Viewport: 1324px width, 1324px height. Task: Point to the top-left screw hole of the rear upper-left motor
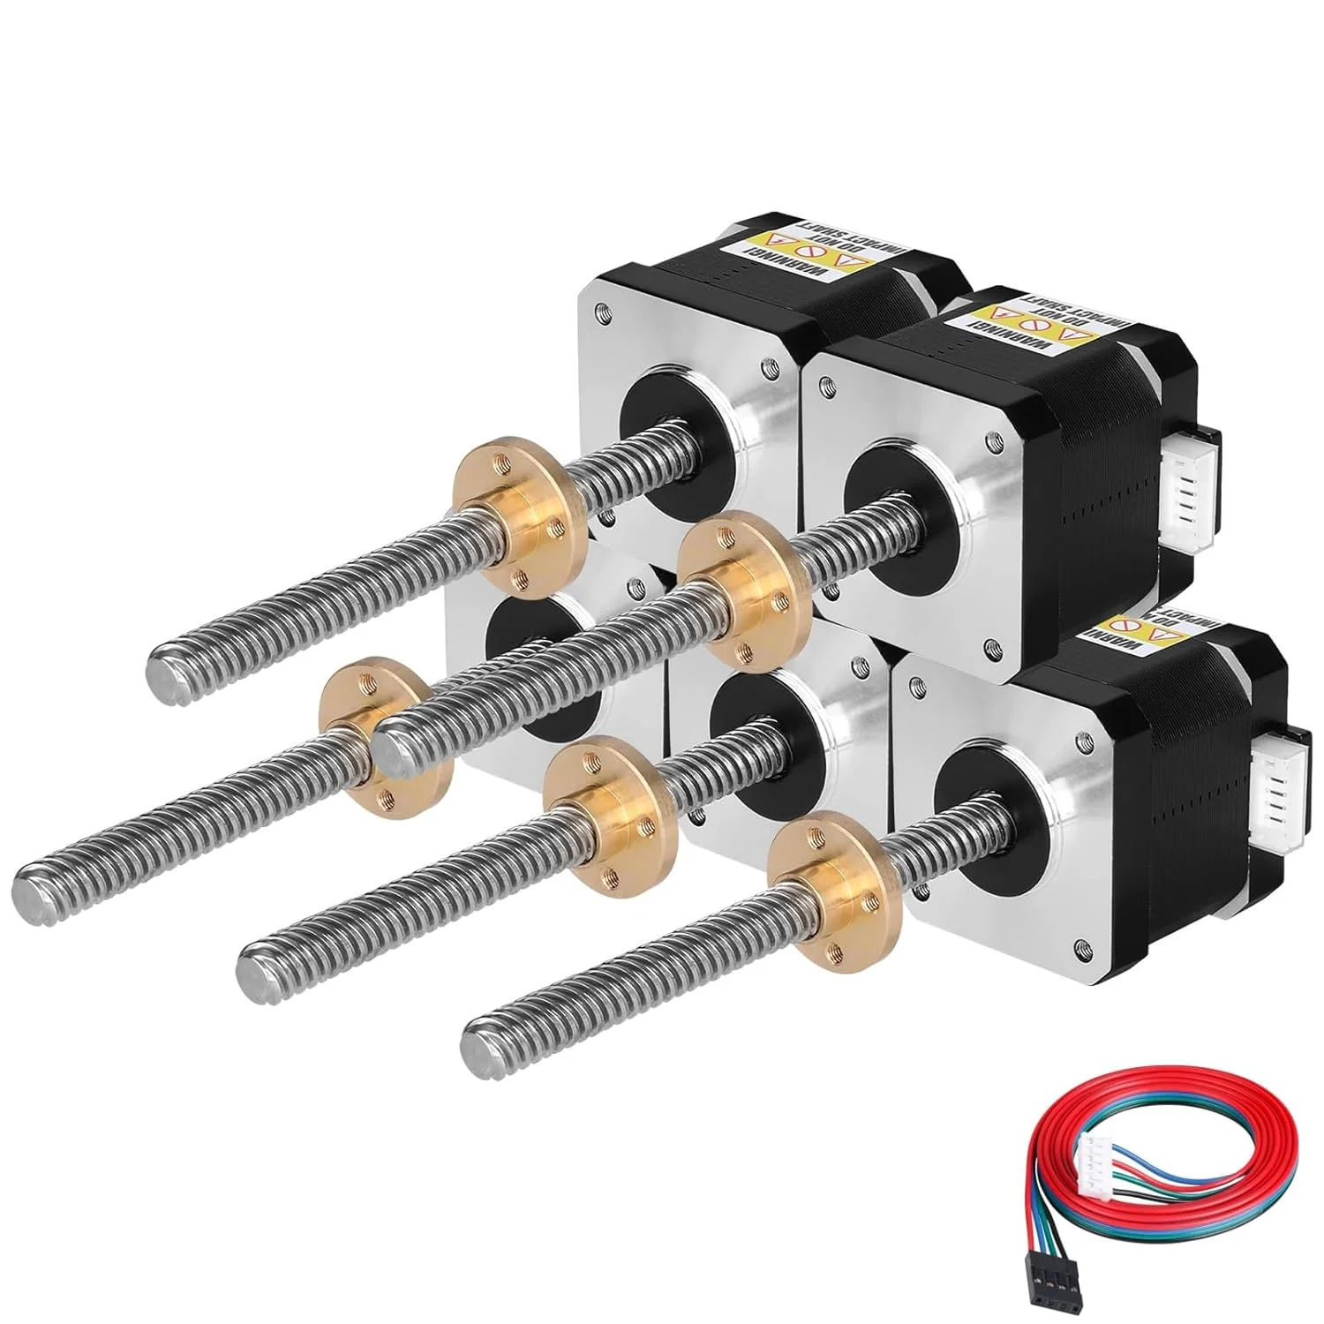point(602,311)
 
